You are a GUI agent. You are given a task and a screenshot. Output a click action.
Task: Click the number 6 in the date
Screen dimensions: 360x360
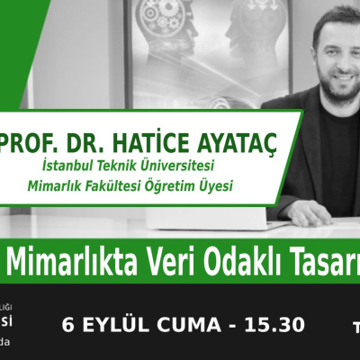pos(67,324)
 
